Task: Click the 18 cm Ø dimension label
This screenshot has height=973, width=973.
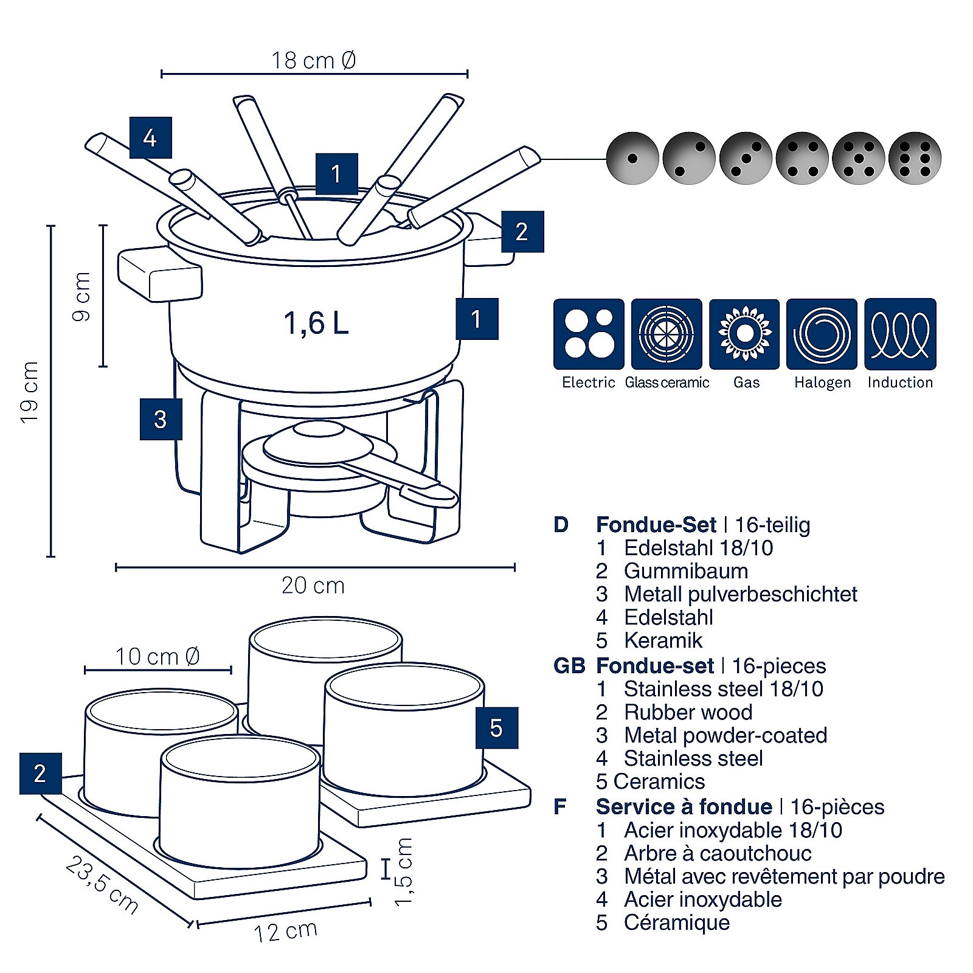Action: pos(313,61)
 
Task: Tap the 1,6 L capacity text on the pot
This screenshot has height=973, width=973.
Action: pos(316,323)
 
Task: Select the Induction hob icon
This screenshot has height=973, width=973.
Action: pos(900,334)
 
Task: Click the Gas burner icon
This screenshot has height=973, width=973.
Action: pos(744,334)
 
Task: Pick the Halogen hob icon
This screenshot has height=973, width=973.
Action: pos(822,334)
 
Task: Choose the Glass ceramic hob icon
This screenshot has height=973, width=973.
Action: pos(667,334)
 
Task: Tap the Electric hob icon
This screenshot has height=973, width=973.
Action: pos(589,334)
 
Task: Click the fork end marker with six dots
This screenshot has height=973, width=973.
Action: pos(915,158)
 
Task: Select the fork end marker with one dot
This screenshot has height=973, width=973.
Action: pos(632,158)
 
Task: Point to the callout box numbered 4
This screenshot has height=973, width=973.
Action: pos(150,138)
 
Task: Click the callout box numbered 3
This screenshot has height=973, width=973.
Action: pos(161,419)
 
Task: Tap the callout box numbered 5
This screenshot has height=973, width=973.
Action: pos(496,727)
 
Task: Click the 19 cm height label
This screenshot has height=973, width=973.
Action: pos(29,392)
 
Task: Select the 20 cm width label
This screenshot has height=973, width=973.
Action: pos(313,586)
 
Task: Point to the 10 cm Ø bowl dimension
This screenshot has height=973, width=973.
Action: pos(158,657)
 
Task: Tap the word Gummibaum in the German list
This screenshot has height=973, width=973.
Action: pos(686,571)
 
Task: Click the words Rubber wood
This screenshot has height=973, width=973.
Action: pos(688,712)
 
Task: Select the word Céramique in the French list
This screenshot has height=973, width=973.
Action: pos(676,923)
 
